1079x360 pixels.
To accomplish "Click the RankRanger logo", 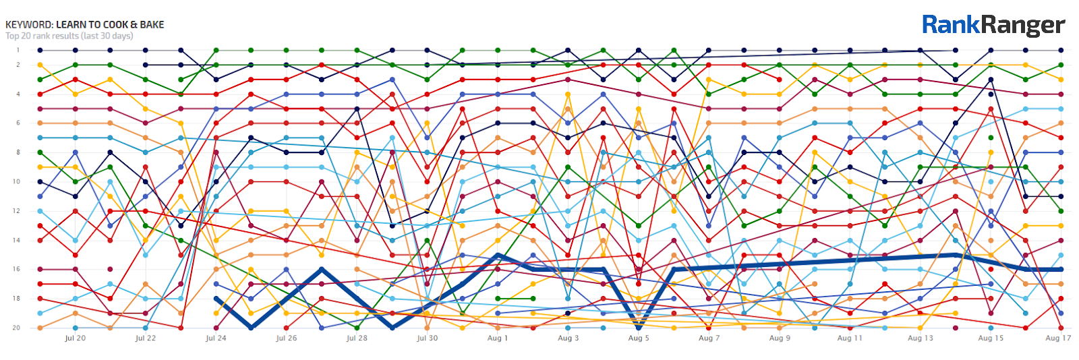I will pos(993,25).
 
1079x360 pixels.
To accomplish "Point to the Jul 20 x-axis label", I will pos(75,338).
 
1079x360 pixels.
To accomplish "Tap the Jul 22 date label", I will pos(145,338).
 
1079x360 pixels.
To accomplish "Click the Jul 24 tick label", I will pos(216,338).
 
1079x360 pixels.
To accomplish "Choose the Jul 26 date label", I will pos(286,338).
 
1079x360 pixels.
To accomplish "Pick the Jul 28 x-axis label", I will pos(357,338).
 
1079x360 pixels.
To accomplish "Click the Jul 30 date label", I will pos(427,338).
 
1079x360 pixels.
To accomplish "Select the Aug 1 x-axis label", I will pos(498,338).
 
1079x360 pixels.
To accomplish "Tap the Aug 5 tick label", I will pos(639,338).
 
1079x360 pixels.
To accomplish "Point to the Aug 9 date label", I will pos(780,338).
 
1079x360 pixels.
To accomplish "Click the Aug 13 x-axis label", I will pos(921,338).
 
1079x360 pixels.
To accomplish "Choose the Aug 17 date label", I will pos(1058,338).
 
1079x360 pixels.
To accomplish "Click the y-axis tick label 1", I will pos(18,50).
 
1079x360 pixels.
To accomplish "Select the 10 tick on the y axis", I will pos(18,181).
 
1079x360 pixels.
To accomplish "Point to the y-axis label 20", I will pos(17,328).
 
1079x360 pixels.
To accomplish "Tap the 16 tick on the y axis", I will pos(17,269).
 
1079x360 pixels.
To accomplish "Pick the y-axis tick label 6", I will pos(18,123).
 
